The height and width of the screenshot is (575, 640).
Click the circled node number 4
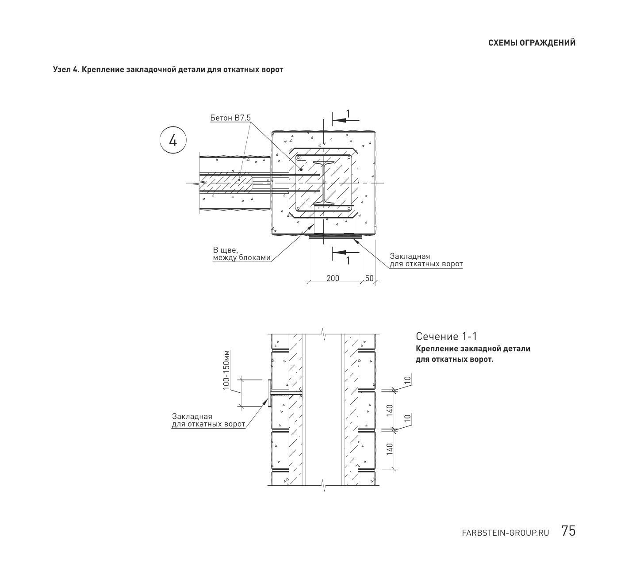pos(173,140)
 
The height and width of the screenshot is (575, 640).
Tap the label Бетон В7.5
pos(230,118)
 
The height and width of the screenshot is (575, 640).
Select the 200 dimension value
pos(333,278)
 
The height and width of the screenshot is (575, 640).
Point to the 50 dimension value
pos(369,278)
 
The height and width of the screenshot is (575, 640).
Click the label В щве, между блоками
pos(241,254)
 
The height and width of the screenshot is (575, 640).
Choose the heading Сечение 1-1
pos(446,336)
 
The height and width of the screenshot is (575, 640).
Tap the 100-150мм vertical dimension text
pos(226,370)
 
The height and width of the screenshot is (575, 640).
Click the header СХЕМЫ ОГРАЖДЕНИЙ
pos(532,43)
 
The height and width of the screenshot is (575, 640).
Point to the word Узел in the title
pos(61,69)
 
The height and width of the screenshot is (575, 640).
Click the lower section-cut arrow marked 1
pos(345,252)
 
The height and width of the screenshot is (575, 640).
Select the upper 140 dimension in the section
pos(389,410)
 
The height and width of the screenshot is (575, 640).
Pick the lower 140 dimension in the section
pos(389,449)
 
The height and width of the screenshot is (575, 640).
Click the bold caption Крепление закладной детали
pos(473,349)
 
